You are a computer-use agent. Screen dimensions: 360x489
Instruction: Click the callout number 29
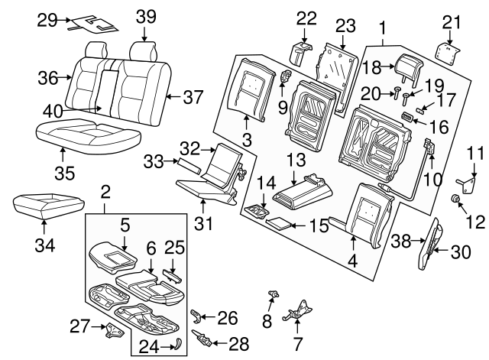tap(47, 21)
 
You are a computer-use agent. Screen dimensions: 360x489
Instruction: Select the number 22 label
tap(306, 17)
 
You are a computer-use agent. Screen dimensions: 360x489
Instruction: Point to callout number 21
tap(452, 21)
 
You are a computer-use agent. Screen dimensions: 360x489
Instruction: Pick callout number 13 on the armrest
tap(296, 159)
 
